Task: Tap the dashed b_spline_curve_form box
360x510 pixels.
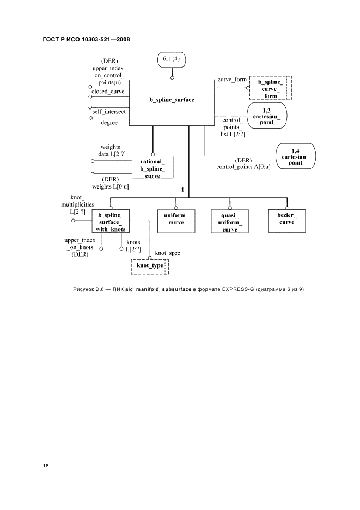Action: click(271, 89)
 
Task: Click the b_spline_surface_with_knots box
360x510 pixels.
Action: click(111, 221)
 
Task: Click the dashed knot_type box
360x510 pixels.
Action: click(150, 266)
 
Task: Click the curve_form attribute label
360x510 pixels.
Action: click(231, 80)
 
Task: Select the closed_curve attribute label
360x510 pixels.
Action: click(108, 92)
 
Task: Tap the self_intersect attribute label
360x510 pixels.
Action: click(108, 111)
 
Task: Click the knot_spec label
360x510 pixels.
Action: click(168, 253)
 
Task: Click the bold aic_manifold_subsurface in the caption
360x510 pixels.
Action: click(156, 289)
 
